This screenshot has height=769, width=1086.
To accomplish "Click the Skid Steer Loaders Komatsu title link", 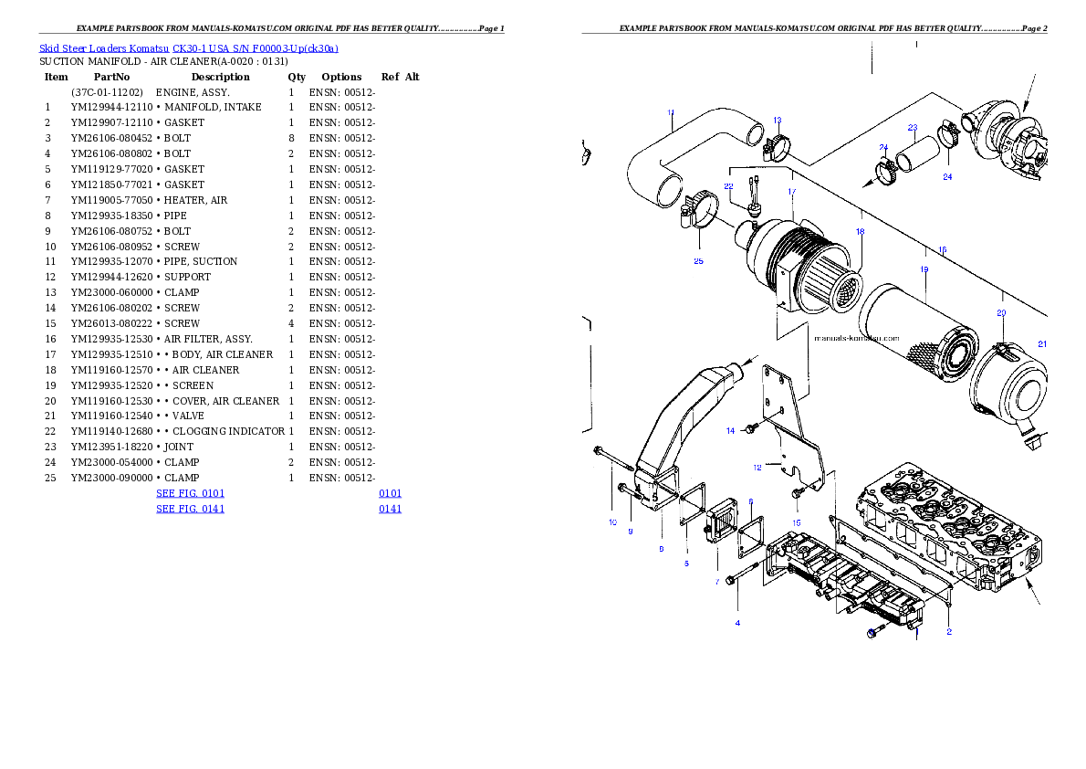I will point(188,48).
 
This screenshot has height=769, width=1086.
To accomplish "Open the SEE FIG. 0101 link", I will point(190,493).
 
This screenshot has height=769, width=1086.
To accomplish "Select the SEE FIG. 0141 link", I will point(190,509).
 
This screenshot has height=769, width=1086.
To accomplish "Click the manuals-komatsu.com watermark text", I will point(857,336).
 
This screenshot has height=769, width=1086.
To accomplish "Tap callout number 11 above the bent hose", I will point(671,113).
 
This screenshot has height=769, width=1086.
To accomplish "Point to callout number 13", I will point(778,120).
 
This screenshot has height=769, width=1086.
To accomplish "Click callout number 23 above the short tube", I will point(912,128).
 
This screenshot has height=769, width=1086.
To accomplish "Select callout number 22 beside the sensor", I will point(729,186).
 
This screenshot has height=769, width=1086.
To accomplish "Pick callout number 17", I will point(792,192).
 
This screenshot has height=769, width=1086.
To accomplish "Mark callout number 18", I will point(860,232).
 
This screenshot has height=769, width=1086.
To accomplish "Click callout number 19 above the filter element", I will point(924,270).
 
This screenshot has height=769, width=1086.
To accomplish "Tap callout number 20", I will point(1001,312).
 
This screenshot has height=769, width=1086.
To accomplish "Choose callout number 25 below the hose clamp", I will point(698,261).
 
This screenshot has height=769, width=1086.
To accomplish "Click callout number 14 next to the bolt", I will point(730,430).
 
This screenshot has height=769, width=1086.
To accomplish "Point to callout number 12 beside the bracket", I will point(757,468).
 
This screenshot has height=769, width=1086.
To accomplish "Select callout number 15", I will point(797,522).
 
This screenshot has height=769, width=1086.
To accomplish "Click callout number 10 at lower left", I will point(612,522).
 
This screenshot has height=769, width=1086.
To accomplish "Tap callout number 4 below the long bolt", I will point(737,623).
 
